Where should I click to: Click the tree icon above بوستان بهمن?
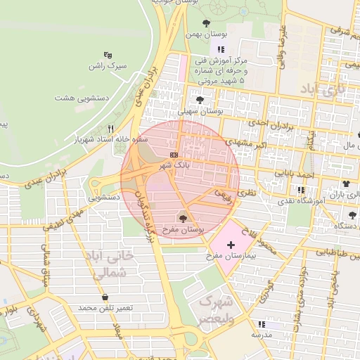pos(205,24)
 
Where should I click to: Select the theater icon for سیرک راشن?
pos(108,55)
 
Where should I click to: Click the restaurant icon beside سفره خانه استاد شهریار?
pos(111,129)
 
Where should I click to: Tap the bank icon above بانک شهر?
pos(174,154)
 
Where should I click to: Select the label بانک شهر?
pos(174,165)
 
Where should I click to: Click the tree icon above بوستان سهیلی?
pos(200,100)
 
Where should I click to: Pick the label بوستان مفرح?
pos(182,229)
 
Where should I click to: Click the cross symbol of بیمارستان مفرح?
pos(231,243)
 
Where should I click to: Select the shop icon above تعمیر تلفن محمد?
pos(105,297)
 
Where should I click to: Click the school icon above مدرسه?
pos(262,324)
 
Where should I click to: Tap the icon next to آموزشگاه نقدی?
pos(302,190)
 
